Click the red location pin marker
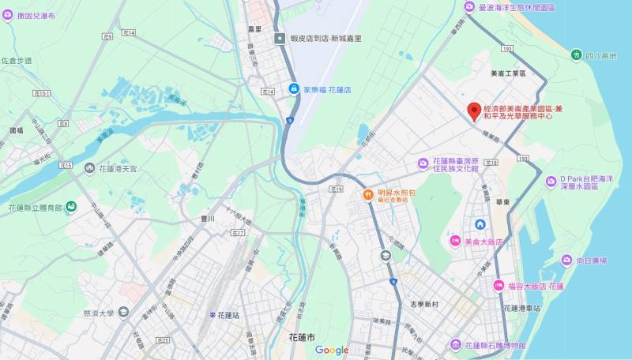(474, 111)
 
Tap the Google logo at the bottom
(332, 350)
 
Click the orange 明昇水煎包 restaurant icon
(367, 195)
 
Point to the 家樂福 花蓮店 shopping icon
(293, 89)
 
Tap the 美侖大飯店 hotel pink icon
(455, 240)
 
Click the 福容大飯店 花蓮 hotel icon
(498, 285)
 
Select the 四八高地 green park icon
(576, 54)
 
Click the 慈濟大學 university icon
(122, 313)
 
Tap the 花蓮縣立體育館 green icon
(71, 207)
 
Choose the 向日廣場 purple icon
(566, 260)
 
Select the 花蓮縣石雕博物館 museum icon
(455, 345)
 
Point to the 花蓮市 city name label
(293, 337)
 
